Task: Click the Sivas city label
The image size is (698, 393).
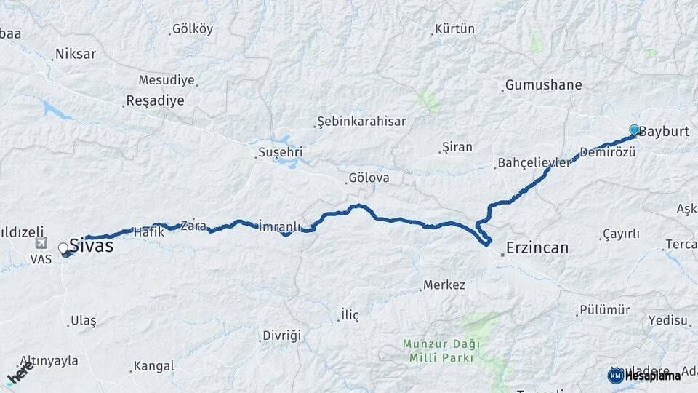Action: click(x=91, y=246)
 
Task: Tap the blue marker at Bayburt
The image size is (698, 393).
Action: click(x=634, y=130)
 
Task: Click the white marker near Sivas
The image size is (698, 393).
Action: click(x=63, y=248)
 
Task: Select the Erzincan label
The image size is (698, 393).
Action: click(x=537, y=247)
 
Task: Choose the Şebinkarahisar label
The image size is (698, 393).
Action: click(x=361, y=122)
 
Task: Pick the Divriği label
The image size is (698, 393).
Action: click(x=281, y=336)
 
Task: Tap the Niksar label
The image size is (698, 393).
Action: click(x=75, y=54)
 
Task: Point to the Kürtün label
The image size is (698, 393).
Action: click(x=454, y=29)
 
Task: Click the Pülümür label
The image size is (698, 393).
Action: click(x=604, y=310)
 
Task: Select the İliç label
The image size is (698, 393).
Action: click(x=350, y=315)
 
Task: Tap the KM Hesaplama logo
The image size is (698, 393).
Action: click(x=644, y=376)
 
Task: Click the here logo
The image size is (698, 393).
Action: click(x=20, y=374)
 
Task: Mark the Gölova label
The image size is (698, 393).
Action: click(x=369, y=178)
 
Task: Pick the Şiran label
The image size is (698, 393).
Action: click(x=457, y=147)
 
